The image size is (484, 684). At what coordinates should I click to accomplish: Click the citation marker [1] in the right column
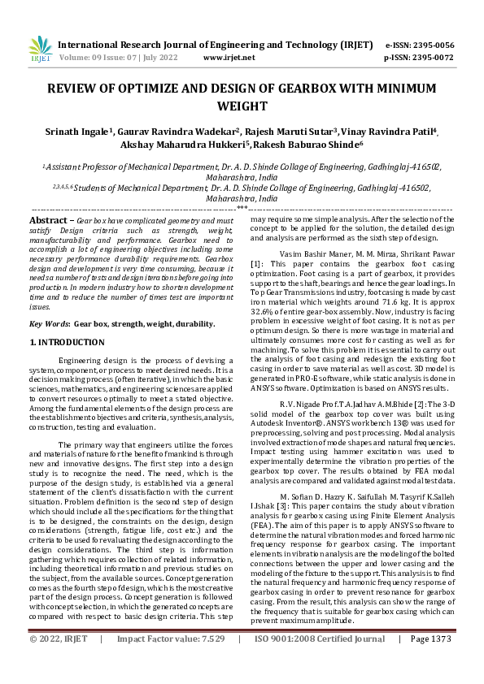pos(256,264)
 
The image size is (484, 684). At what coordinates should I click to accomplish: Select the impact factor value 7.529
pos(207,662)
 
